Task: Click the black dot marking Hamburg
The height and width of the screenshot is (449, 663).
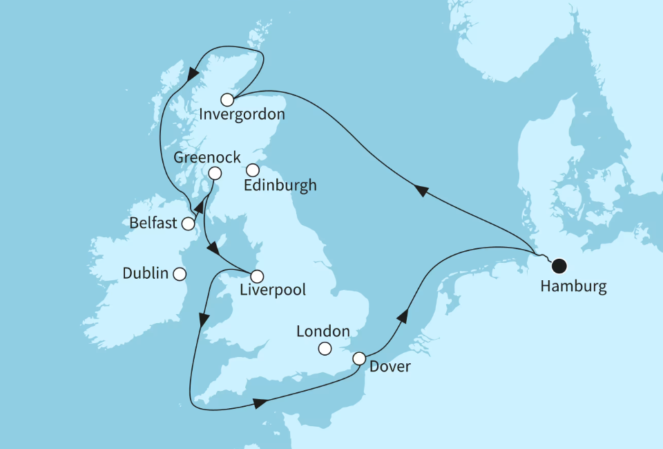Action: [x=559, y=265]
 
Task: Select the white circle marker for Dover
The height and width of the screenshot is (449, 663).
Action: [x=359, y=358]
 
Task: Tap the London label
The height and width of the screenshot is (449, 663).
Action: [x=323, y=332]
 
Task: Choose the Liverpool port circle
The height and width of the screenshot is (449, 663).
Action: [x=257, y=276]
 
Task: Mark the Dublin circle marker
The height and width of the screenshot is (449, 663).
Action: [x=180, y=273]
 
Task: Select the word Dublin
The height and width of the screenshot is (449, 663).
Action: [x=145, y=273]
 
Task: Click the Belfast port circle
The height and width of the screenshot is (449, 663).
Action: [x=188, y=223]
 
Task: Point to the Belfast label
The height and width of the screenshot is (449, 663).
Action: [x=153, y=223]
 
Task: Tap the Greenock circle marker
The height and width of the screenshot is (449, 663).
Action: [x=215, y=174]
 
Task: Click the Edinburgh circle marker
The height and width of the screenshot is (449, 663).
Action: [x=253, y=169]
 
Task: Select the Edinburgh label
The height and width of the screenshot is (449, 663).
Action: [x=280, y=185]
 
